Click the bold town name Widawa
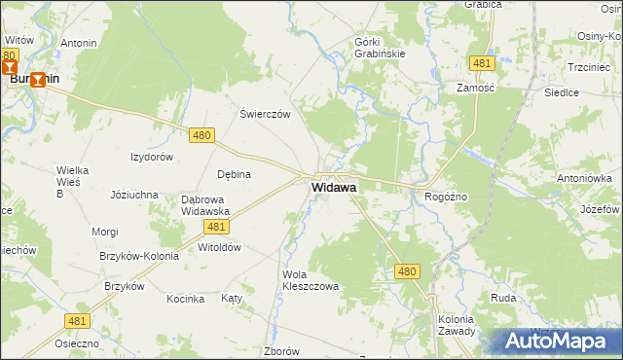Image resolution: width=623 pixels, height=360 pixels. pos(334,187)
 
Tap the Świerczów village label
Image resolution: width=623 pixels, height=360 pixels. pos(266,114)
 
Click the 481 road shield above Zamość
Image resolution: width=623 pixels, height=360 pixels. pos(482,63)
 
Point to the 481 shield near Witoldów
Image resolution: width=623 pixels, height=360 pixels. pos(217,226)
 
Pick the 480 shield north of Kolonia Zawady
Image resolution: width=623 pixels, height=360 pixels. pos(407,273)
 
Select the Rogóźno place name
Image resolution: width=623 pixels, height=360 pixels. pos(446,197)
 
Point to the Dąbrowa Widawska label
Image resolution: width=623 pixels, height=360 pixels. pos(204,205)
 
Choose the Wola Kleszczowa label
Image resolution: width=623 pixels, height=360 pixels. pos(310,280)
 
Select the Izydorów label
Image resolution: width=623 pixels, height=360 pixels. pos(152,157)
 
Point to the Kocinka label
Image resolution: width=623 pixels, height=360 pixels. pos(184,298)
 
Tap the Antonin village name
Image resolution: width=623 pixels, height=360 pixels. pos(79,44)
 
